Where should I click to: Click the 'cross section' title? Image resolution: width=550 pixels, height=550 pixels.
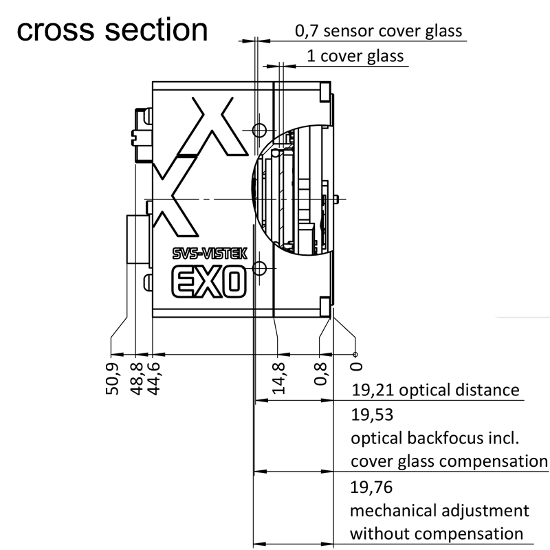point(111,30)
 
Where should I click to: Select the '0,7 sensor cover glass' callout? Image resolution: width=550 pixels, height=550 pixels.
point(378,31)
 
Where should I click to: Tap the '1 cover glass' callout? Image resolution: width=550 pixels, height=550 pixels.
point(355,56)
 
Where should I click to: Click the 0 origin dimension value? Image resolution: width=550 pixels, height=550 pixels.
point(355,367)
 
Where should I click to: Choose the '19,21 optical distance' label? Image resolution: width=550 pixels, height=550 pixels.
point(435,390)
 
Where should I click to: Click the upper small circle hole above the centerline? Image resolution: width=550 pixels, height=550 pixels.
point(259,130)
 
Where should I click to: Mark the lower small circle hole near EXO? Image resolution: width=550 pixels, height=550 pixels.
point(259,267)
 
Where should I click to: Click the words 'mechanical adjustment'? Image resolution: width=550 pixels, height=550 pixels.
point(439,511)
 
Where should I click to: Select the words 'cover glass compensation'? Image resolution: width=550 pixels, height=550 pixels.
point(449,461)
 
